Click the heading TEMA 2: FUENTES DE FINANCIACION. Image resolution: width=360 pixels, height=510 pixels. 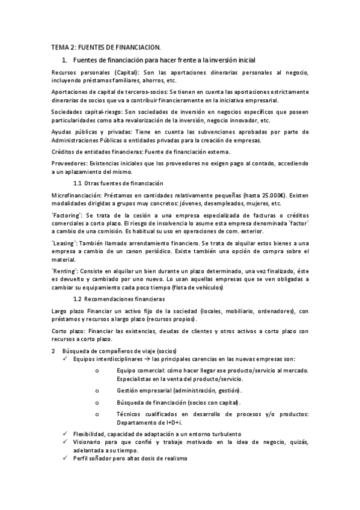coord(106,48)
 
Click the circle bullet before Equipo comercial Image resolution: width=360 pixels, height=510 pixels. coord(97,370)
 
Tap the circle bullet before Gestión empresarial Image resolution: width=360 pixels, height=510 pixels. coord(97,390)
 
